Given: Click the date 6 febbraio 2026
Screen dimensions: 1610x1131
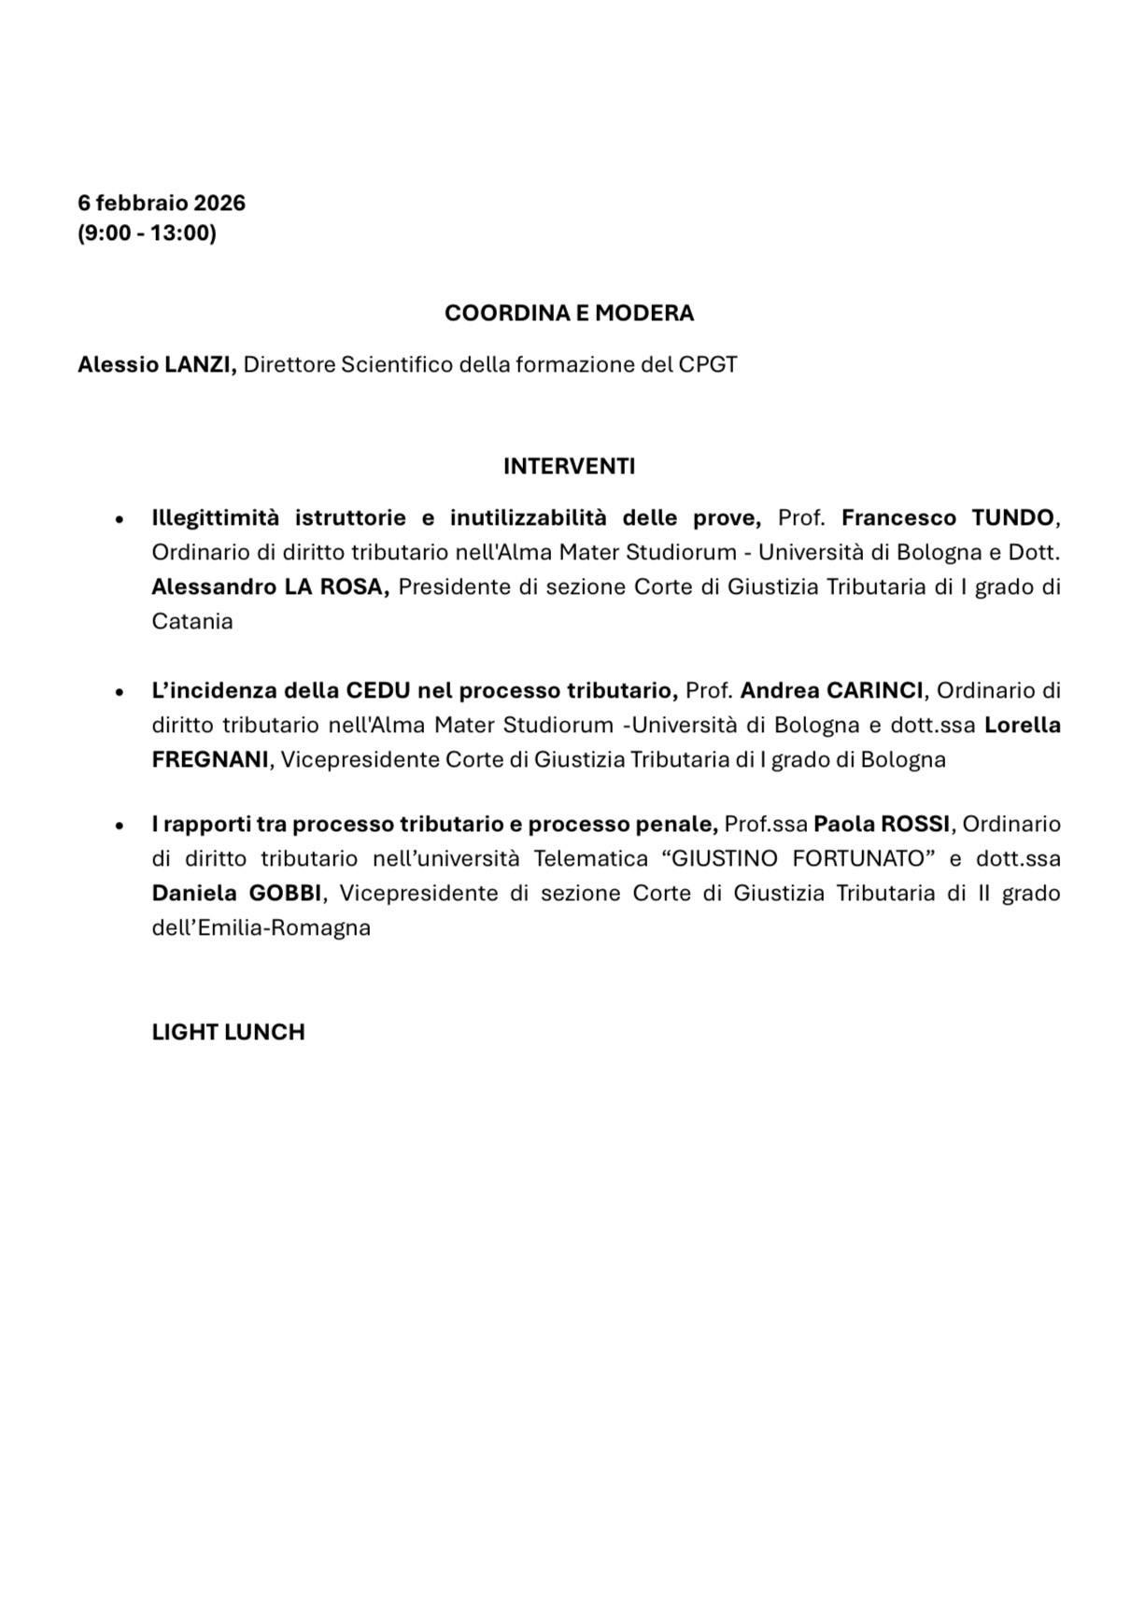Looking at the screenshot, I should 162,203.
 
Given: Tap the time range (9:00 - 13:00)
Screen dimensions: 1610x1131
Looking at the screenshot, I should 147,233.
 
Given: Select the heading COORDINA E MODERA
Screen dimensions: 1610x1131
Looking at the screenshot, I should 569,313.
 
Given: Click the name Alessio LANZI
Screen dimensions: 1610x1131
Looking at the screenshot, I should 156,364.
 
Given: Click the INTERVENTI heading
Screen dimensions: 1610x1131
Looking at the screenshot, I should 569,466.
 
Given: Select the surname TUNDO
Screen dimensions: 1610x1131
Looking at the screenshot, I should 1012,517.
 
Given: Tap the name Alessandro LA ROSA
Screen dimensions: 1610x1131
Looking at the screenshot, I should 270,586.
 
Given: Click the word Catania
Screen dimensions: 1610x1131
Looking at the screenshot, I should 192,621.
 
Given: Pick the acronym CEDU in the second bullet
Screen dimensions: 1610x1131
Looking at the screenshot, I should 378,690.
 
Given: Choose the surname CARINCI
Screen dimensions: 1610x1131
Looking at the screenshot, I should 875,690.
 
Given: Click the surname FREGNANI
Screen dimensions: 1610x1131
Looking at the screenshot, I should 210,759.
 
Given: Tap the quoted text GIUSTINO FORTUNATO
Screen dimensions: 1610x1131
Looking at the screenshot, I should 799,858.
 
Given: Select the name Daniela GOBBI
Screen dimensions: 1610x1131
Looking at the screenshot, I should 237,893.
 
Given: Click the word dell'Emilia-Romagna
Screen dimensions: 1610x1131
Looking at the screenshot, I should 262,927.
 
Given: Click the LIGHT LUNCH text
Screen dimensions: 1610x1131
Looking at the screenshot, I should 228,1032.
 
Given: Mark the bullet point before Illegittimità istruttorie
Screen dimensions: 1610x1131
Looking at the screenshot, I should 119,519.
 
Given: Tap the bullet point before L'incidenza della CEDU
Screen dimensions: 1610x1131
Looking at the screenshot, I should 119,692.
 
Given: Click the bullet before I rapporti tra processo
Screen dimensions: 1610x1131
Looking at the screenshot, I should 119,826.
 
